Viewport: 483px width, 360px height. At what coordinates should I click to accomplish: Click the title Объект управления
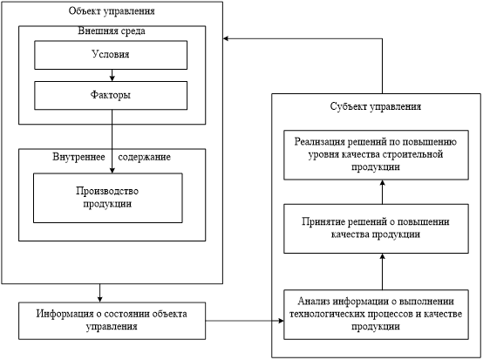coord(112,11)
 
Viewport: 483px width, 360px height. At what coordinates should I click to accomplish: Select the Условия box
coord(111,55)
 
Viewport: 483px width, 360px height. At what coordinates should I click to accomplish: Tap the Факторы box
coord(111,96)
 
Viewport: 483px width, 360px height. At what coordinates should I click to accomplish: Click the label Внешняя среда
coord(112,31)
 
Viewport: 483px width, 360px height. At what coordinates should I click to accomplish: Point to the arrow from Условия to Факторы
coord(112,76)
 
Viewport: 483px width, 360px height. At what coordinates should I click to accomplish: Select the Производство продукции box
coord(108,198)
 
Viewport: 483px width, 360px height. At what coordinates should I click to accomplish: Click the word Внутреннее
coord(78,157)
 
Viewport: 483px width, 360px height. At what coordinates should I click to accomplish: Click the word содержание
coord(145,157)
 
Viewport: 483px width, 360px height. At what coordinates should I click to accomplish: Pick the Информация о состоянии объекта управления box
coord(112,321)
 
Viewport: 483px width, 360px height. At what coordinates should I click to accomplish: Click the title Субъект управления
coord(376,106)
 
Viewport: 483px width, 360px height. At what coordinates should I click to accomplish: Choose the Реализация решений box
coord(376,155)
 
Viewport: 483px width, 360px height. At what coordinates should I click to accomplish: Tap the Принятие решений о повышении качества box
coord(376,228)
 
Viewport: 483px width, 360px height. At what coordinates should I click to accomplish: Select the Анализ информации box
coord(376,315)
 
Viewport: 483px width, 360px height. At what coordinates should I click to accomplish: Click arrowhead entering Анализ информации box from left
coord(281,321)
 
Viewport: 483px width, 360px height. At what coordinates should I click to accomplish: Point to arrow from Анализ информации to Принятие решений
coord(382,272)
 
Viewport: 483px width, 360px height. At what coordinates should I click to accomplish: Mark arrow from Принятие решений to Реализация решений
coord(382,192)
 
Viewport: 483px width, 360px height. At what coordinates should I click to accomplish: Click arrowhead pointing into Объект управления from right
coord(226,38)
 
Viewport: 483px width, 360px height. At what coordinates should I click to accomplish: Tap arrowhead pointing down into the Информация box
coord(99,299)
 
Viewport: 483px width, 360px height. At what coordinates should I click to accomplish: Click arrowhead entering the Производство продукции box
coord(112,170)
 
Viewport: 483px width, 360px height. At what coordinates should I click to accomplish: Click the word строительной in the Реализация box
coord(412,154)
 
